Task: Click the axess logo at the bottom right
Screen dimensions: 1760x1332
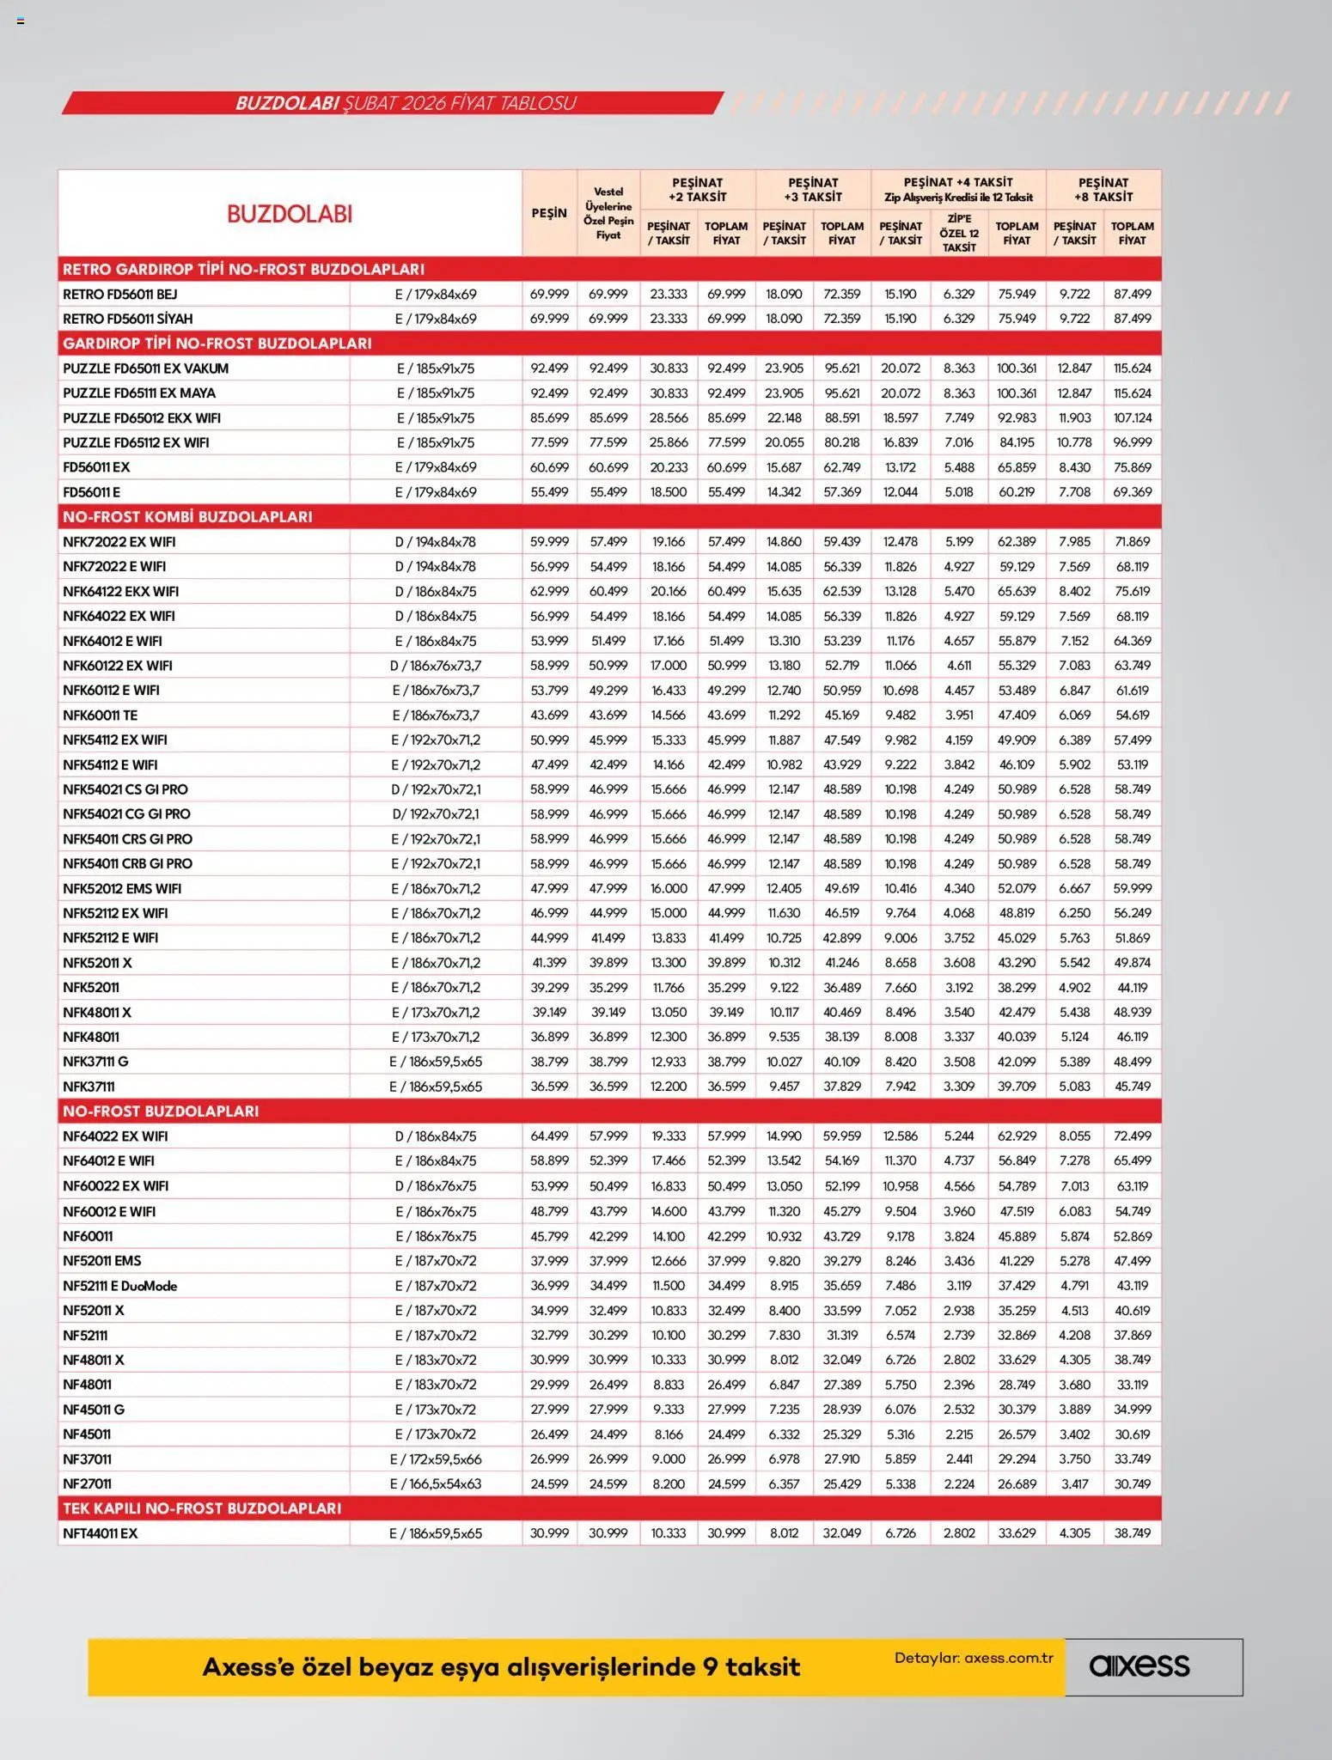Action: tap(1140, 1666)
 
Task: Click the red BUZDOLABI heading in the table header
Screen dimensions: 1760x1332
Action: tap(290, 214)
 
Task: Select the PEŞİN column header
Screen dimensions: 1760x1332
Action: tap(548, 213)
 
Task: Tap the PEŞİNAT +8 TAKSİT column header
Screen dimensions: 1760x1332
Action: tap(1103, 190)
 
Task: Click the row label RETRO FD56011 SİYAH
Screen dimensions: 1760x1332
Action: tap(127, 319)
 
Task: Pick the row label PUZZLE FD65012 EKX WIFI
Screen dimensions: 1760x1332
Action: tap(141, 417)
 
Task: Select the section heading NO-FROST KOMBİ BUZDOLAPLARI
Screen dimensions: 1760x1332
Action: tap(187, 516)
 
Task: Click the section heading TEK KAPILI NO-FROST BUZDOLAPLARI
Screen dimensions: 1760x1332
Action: tap(201, 1508)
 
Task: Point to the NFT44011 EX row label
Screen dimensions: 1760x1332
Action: tap(100, 1533)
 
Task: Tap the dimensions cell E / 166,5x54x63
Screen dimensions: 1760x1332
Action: tap(436, 1483)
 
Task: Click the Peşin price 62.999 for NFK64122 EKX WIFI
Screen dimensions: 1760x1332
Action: tap(549, 591)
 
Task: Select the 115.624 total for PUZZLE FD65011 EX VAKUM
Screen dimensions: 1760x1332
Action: tap(1132, 368)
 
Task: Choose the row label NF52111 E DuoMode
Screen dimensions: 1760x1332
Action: tap(119, 1286)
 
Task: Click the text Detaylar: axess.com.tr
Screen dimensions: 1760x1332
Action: tap(973, 1658)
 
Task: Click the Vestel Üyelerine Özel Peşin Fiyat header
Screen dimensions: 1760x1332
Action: tap(608, 213)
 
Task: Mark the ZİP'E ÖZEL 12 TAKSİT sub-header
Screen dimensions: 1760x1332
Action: tap(958, 233)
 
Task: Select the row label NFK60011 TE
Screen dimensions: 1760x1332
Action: tap(100, 715)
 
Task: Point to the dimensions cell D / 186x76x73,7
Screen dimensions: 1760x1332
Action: tap(436, 666)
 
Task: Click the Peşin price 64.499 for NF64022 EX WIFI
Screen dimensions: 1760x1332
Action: tap(549, 1136)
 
